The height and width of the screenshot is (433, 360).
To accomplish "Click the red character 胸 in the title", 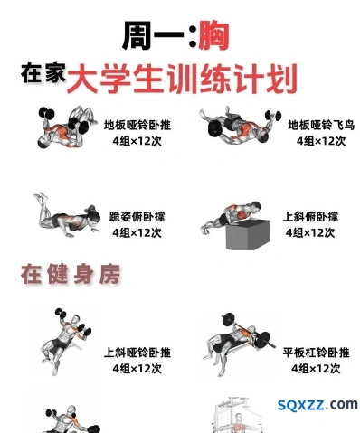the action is [x=213, y=36].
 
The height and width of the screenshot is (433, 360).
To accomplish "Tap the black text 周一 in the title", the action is [x=153, y=36].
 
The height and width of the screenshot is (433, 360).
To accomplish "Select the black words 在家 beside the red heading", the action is [x=43, y=73].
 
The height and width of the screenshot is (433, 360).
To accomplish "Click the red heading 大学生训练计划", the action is [x=182, y=79].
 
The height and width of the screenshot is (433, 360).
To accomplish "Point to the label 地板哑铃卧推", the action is [x=137, y=125].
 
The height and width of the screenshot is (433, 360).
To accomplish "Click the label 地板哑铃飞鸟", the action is [x=321, y=125].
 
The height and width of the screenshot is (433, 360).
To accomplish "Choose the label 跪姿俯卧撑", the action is [x=137, y=217].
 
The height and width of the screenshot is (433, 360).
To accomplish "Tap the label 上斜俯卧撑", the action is [x=310, y=217].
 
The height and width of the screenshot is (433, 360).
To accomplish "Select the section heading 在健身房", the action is [x=71, y=274].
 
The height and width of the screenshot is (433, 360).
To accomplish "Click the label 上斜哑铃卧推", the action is [x=137, y=353].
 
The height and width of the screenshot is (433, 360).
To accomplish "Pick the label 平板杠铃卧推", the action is [x=316, y=353].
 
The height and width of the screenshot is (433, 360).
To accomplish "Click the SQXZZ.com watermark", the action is [x=317, y=404].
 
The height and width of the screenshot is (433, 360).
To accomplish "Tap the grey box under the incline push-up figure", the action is [x=248, y=235].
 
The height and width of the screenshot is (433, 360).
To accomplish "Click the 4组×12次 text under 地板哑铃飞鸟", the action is [x=321, y=141].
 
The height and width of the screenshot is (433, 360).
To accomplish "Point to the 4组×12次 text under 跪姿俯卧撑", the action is [x=137, y=232].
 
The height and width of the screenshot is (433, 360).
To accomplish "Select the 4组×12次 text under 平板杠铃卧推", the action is [x=316, y=369].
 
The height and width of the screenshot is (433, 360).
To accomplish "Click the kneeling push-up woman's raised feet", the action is [x=41, y=197].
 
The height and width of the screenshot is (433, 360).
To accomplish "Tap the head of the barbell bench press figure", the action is [x=251, y=331].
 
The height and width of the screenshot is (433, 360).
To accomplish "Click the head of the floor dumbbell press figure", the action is [x=44, y=142].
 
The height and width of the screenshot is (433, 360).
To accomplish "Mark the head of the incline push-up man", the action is [x=256, y=206].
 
